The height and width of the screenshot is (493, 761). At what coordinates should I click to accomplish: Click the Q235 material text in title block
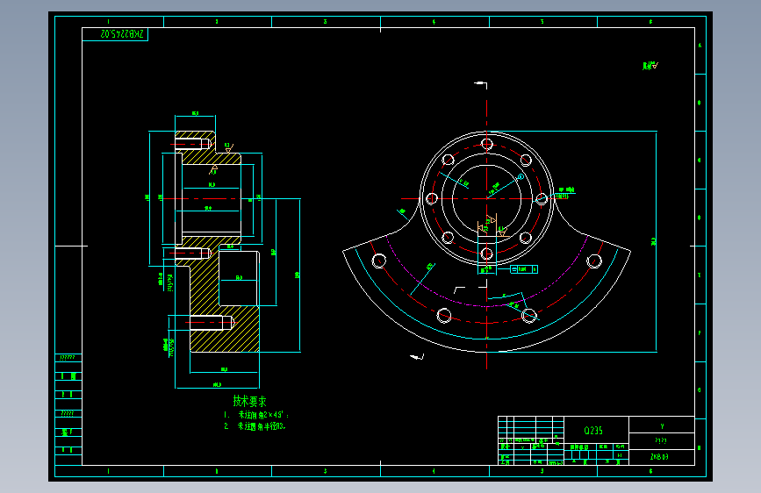(593, 431)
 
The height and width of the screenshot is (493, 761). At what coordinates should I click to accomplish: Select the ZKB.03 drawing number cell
(660, 457)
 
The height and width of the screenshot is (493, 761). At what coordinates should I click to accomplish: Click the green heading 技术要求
(249, 400)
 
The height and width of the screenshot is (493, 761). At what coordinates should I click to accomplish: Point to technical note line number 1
(255, 414)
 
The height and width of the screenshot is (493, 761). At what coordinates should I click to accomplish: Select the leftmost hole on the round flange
(431, 198)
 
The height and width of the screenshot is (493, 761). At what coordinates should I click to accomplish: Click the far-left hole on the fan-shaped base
(380, 261)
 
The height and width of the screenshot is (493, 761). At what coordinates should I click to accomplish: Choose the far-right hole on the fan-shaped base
(594, 261)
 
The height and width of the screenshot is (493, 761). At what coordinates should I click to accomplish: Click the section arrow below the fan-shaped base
(416, 357)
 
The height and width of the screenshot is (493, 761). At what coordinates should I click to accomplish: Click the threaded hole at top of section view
(194, 143)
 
